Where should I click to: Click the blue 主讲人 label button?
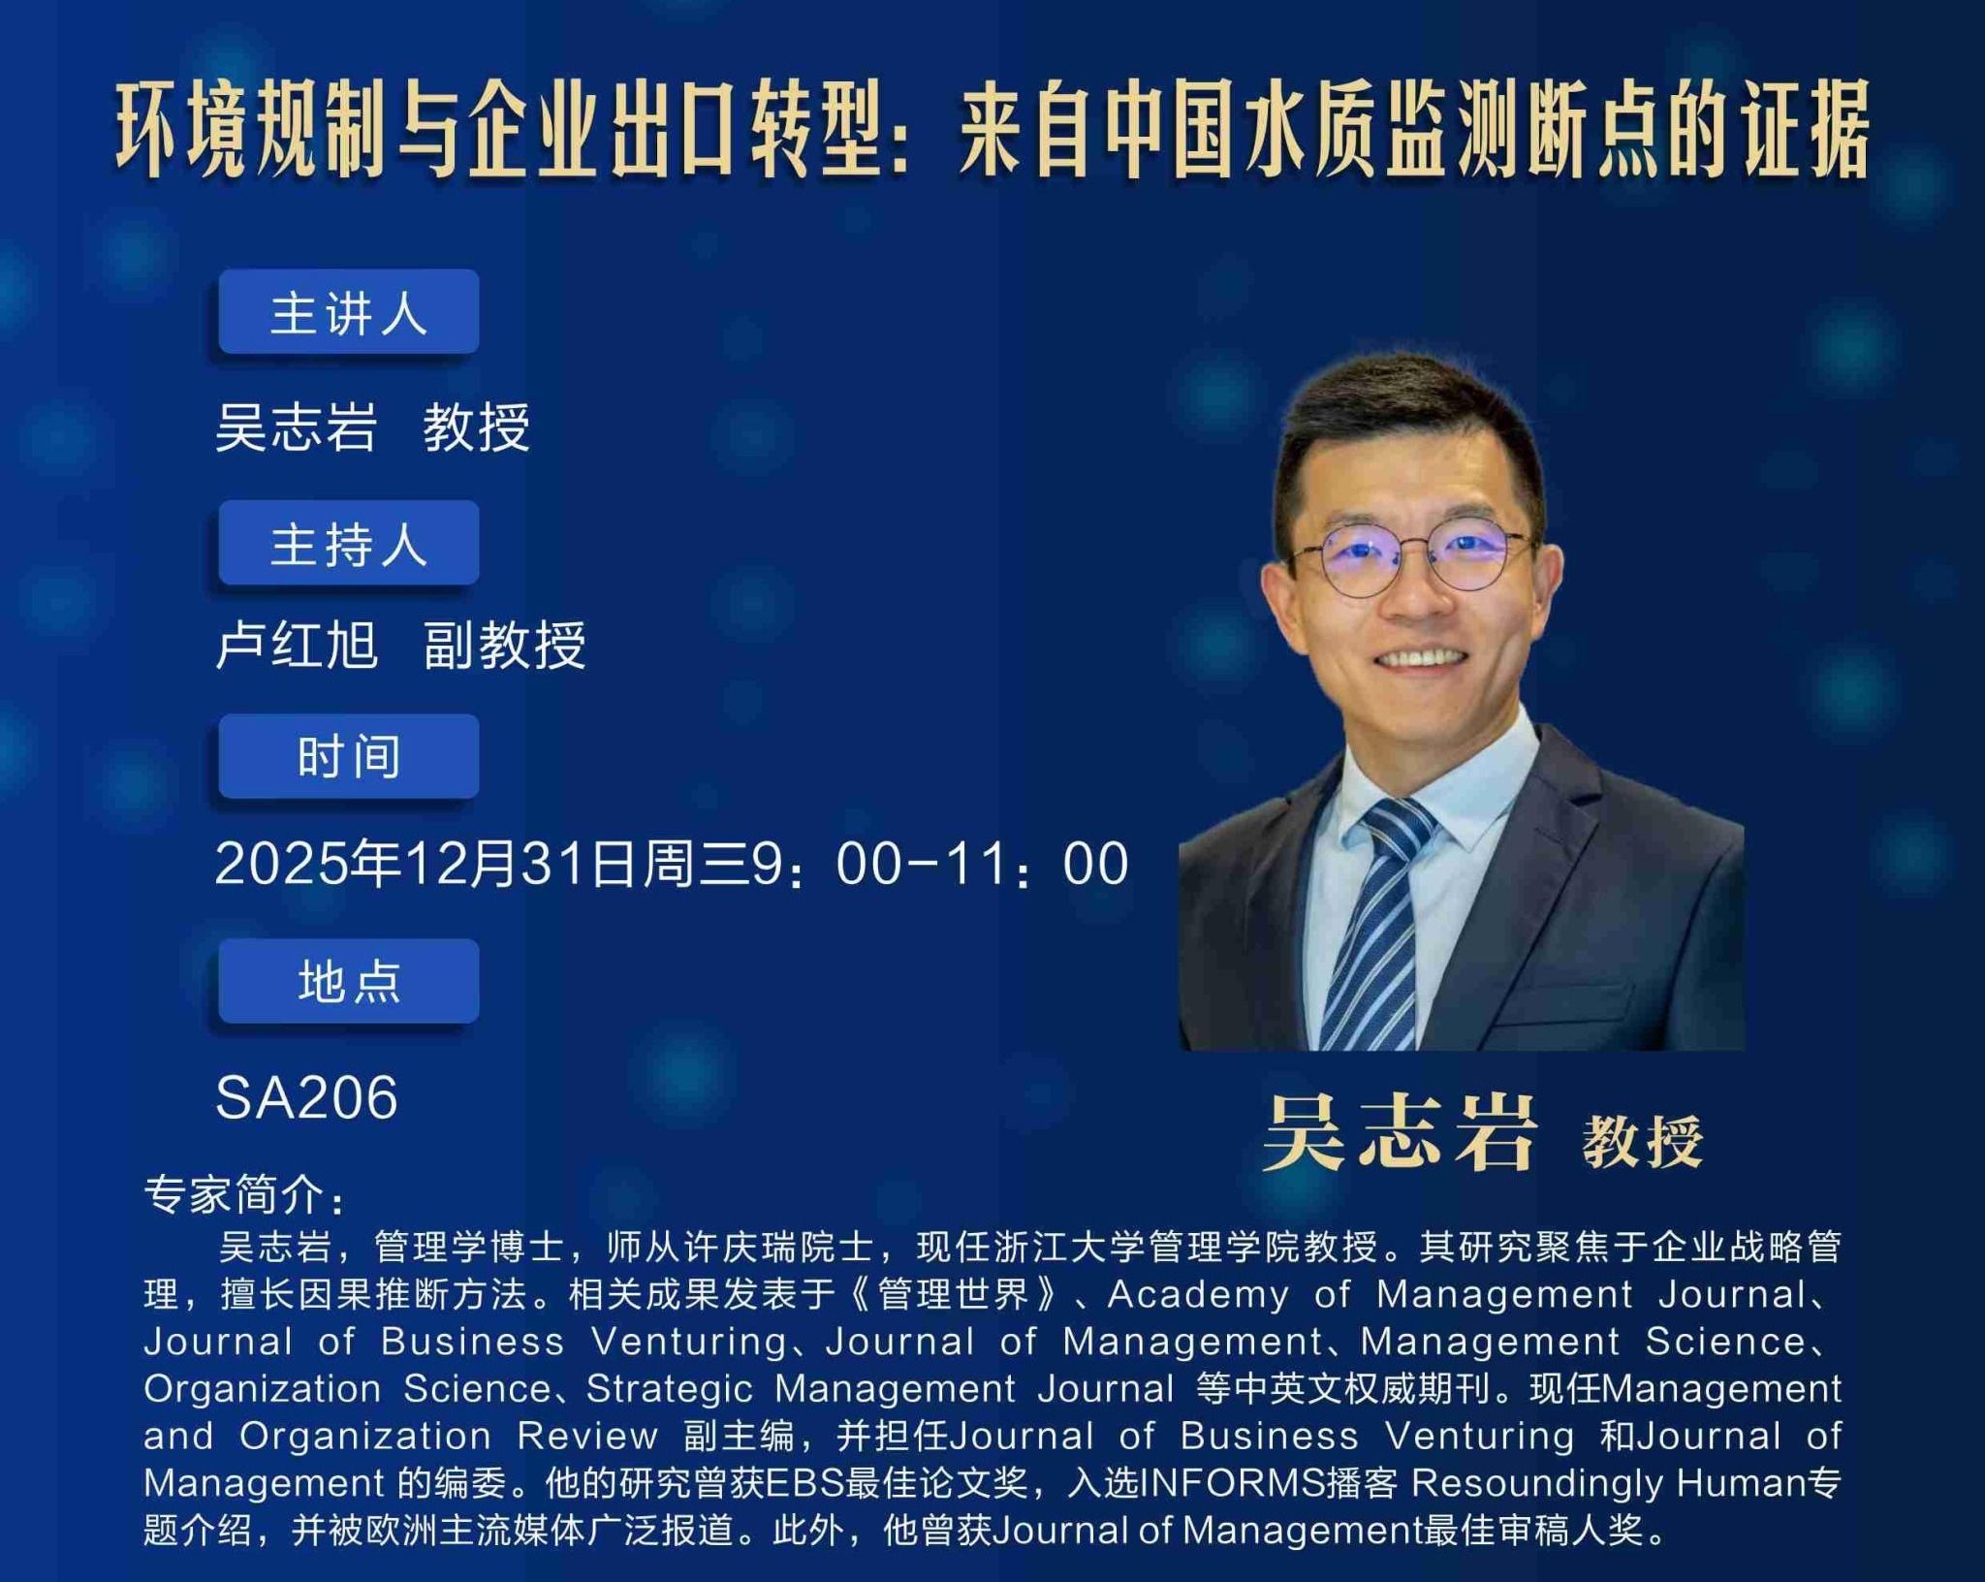349,312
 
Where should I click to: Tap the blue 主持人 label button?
349,543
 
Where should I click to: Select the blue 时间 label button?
349,756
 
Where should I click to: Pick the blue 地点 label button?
349,981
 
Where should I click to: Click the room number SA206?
306,1097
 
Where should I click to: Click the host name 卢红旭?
297,645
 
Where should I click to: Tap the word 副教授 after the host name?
505,645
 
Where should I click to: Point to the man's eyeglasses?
1410,559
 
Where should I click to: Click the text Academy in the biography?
1198,1294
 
